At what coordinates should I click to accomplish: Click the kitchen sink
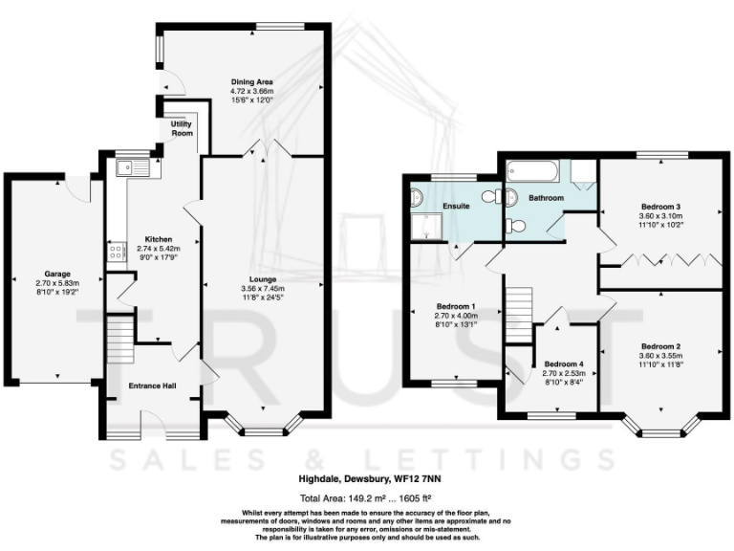[133, 168]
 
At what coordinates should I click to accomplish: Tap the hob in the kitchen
[117, 253]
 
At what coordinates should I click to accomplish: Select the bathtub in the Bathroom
[532, 173]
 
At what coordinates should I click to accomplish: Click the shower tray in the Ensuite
[421, 227]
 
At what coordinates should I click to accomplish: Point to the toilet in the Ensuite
[490, 197]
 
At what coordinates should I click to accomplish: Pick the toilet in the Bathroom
[515, 227]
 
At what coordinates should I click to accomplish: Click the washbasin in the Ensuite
[415, 198]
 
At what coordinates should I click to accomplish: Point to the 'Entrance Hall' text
[151, 386]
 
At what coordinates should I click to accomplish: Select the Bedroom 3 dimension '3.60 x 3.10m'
[661, 215]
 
